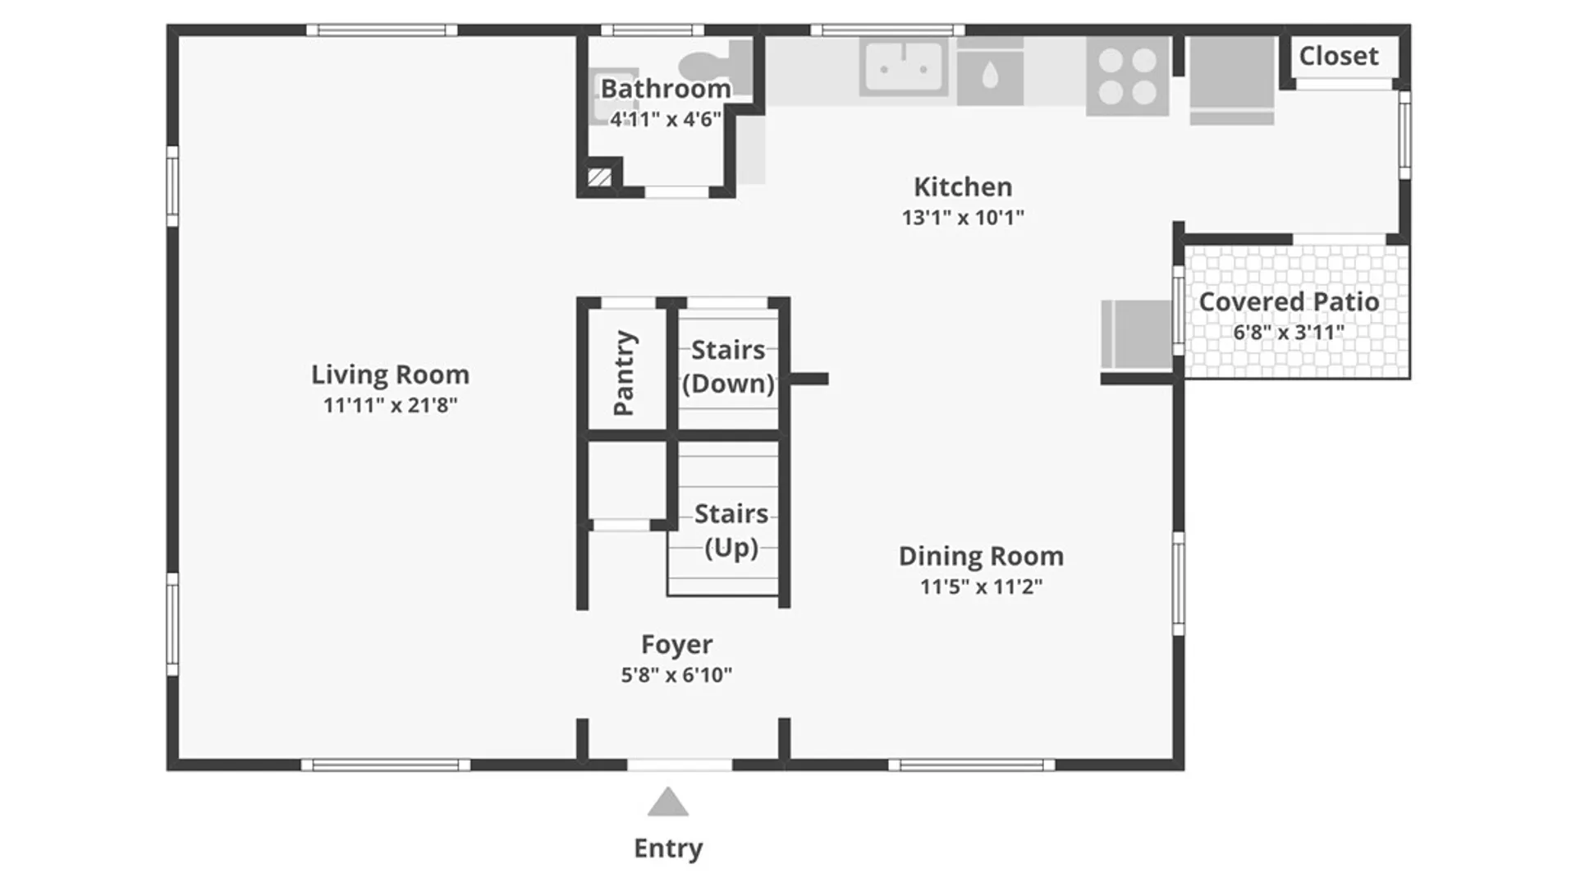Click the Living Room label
pos(390,375)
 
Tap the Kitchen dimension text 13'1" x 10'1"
pos(963,218)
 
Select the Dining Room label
pos(981,556)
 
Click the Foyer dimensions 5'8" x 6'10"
pos(676,675)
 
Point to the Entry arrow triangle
pos(667,804)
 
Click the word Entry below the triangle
pos(667,848)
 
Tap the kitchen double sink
pos(904,67)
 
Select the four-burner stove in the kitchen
pos(1127,76)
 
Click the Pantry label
pos(625,373)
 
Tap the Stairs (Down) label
pos(728,366)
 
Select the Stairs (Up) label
pos(731,531)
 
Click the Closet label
pos(1338,56)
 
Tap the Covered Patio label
pos(1289,302)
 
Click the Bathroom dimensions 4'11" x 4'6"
pos(665,120)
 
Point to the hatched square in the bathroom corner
pos(599,177)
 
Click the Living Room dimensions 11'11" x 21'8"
pos(390,405)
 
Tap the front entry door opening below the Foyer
pos(680,765)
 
